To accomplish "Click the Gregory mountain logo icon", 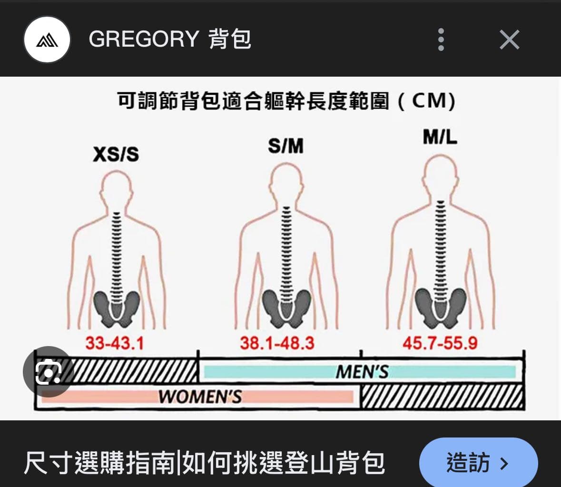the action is (x=47, y=40).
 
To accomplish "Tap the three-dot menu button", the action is (x=441, y=40).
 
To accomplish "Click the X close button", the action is (x=509, y=40).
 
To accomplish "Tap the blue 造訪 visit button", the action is (x=478, y=463).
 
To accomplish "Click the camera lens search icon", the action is (x=49, y=372).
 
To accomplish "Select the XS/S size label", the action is (x=116, y=155).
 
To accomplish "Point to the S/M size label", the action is (x=286, y=146).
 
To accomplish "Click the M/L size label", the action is (x=440, y=137).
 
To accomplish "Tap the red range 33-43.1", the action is (x=115, y=343).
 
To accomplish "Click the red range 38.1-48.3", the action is (x=277, y=343).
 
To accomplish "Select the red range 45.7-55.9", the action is (x=440, y=343).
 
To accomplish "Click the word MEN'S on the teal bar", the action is (x=362, y=372).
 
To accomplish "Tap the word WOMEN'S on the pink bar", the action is (x=200, y=397).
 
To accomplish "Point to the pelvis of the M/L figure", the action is (x=441, y=307).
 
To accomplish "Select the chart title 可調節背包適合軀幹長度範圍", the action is (x=253, y=100).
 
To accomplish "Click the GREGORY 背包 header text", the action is (x=170, y=39).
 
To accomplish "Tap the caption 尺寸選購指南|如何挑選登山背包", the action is (x=204, y=463).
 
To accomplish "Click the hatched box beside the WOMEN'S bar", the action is (x=442, y=397).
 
